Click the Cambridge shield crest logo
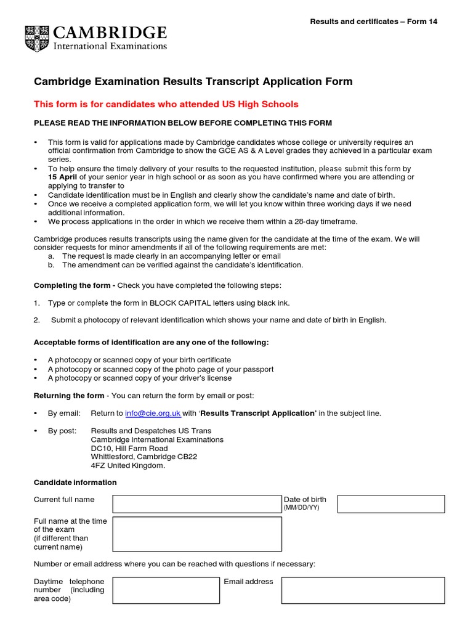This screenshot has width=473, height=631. (38, 38)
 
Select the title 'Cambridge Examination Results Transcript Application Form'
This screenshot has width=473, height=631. (193, 82)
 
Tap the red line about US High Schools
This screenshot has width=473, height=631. (166, 104)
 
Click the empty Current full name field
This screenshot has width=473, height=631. (196, 503)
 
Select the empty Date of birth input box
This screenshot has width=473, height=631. (390, 503)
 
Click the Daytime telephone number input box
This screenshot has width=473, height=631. (166, 590)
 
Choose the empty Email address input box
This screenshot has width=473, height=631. (363, 590)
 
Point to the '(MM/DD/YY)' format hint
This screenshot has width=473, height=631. (301, 508)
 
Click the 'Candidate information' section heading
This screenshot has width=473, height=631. (75, 482)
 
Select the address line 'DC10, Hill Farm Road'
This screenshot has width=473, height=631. (129, 449)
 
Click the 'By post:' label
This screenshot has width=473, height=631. (62, 431)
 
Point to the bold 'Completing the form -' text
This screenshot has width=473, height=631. (75, 285)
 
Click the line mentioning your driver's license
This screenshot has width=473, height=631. (140, 378)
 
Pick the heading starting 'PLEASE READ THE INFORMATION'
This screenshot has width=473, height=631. (182, 123)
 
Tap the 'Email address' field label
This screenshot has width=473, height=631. (248, 581)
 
